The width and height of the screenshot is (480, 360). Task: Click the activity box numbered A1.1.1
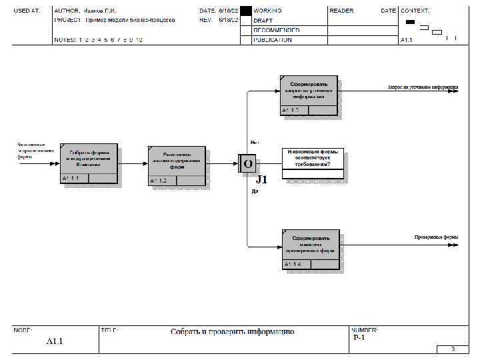point(89,163)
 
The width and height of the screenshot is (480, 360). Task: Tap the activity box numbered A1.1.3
point(308,95)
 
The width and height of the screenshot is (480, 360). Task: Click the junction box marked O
point(247,163)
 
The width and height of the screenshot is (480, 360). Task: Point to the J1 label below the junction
point(262,179)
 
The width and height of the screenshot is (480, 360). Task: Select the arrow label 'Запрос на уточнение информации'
point(423,87)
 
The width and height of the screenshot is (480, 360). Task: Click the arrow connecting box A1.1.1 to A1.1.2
point(133,163)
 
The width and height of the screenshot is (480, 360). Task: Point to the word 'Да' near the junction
point(255,191)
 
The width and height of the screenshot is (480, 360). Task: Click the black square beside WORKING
point(246,11)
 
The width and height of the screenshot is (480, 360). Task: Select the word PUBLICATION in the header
point(273,40)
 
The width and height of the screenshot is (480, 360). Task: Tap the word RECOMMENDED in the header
point(277,31)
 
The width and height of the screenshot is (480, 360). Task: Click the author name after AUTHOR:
point(99,11)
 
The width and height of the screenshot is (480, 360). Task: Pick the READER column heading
point(341,11)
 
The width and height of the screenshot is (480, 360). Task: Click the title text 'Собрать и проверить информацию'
point(232,332)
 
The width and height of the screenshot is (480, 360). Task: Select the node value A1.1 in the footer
point(54,341)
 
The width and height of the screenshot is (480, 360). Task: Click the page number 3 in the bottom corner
point(453,349)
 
